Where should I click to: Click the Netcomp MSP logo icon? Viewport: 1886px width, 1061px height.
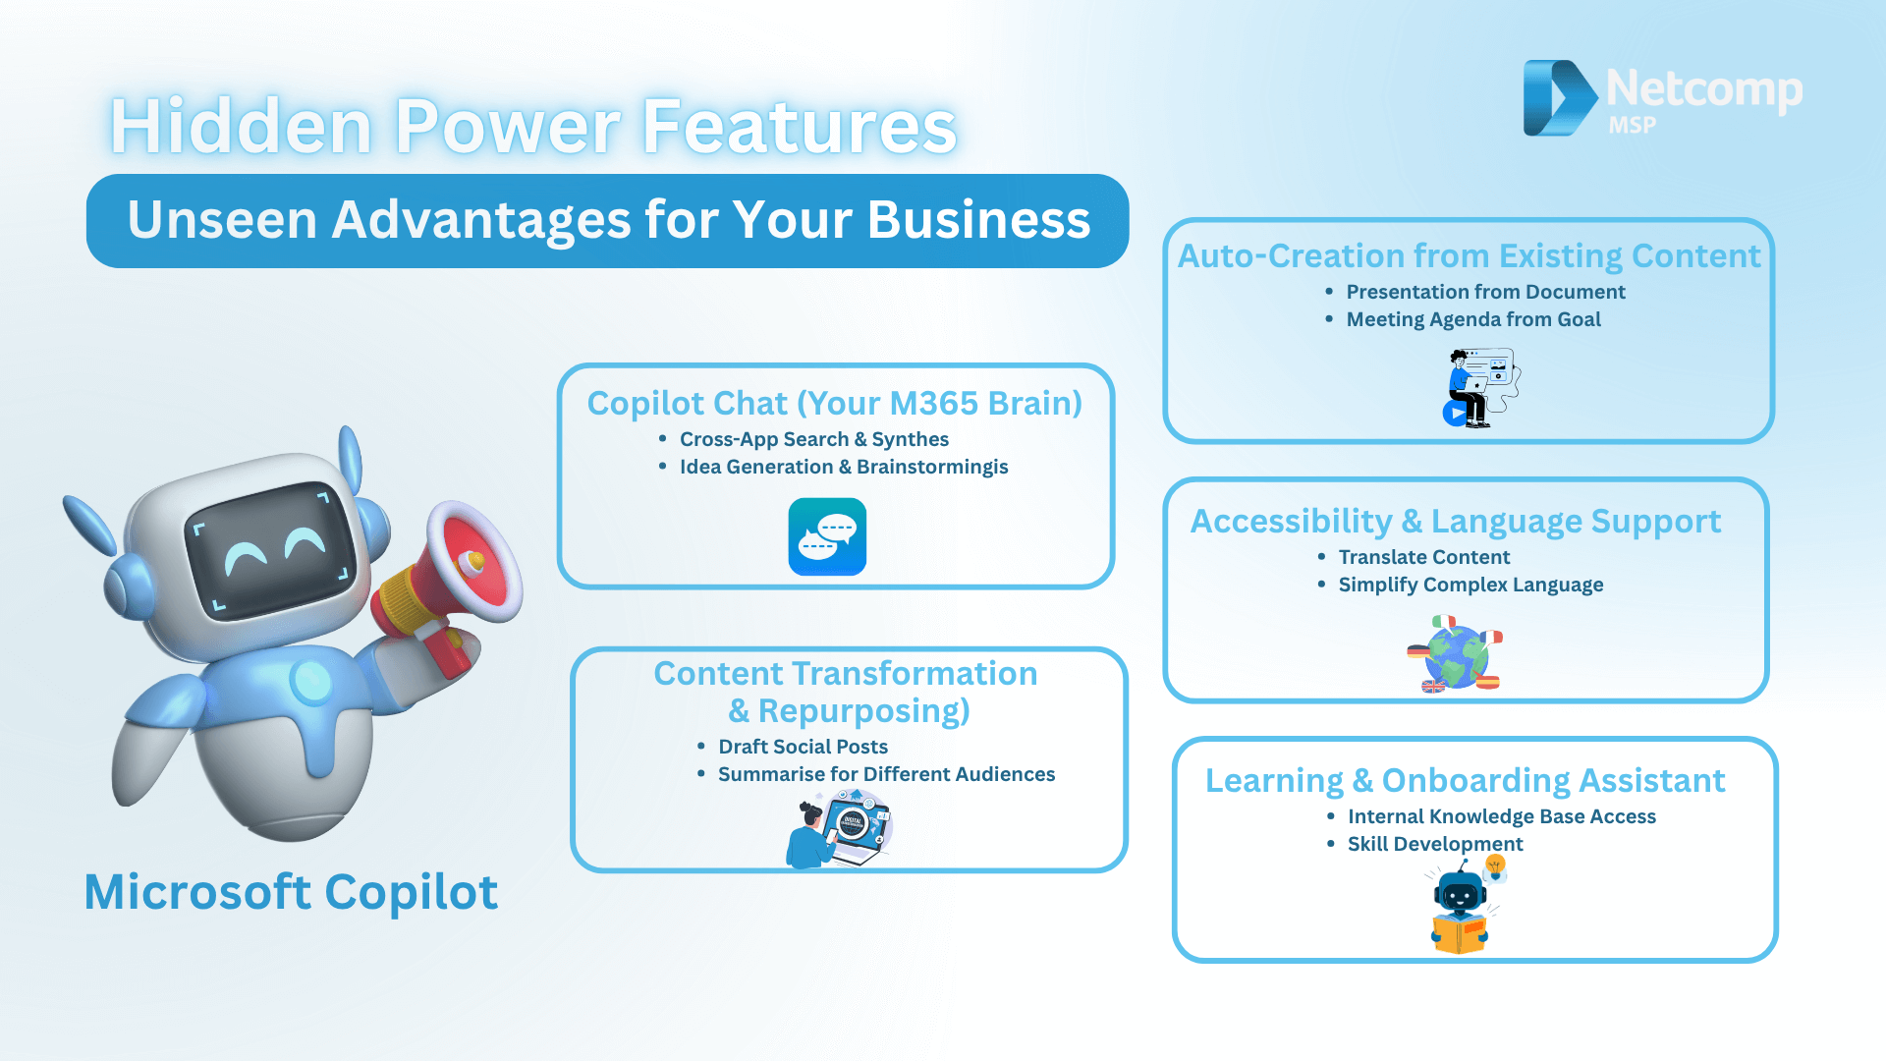pyautogui.click(x=1560, y=97)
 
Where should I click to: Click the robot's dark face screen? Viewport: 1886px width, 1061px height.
pyautogui.click(x=271, y=546)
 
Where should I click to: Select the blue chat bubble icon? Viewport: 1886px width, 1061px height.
pyautogui.click(x=827, y=536)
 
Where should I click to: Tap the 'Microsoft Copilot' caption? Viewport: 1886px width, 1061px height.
pyautogui.click(x=291, y=892)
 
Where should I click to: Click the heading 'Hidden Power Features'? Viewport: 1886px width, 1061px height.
pyautogui.click(x=533, y=126)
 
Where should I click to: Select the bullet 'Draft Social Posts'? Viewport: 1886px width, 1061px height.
pyautogui.click(x=803, y=747)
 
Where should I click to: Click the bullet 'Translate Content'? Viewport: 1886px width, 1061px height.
pyautogui.click(x=1423, y=557)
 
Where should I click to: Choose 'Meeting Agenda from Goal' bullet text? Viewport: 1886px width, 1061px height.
pyautogui.click(x=1473, y=319)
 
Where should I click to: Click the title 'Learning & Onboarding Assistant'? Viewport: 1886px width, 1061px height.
pyautogui.click(x=1465, y=780)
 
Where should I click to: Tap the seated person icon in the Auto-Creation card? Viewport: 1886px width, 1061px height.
pyautogui.click(x=1481, y=387)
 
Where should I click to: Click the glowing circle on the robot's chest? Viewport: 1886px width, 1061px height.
pyautogui.click(x=312, y=681)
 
